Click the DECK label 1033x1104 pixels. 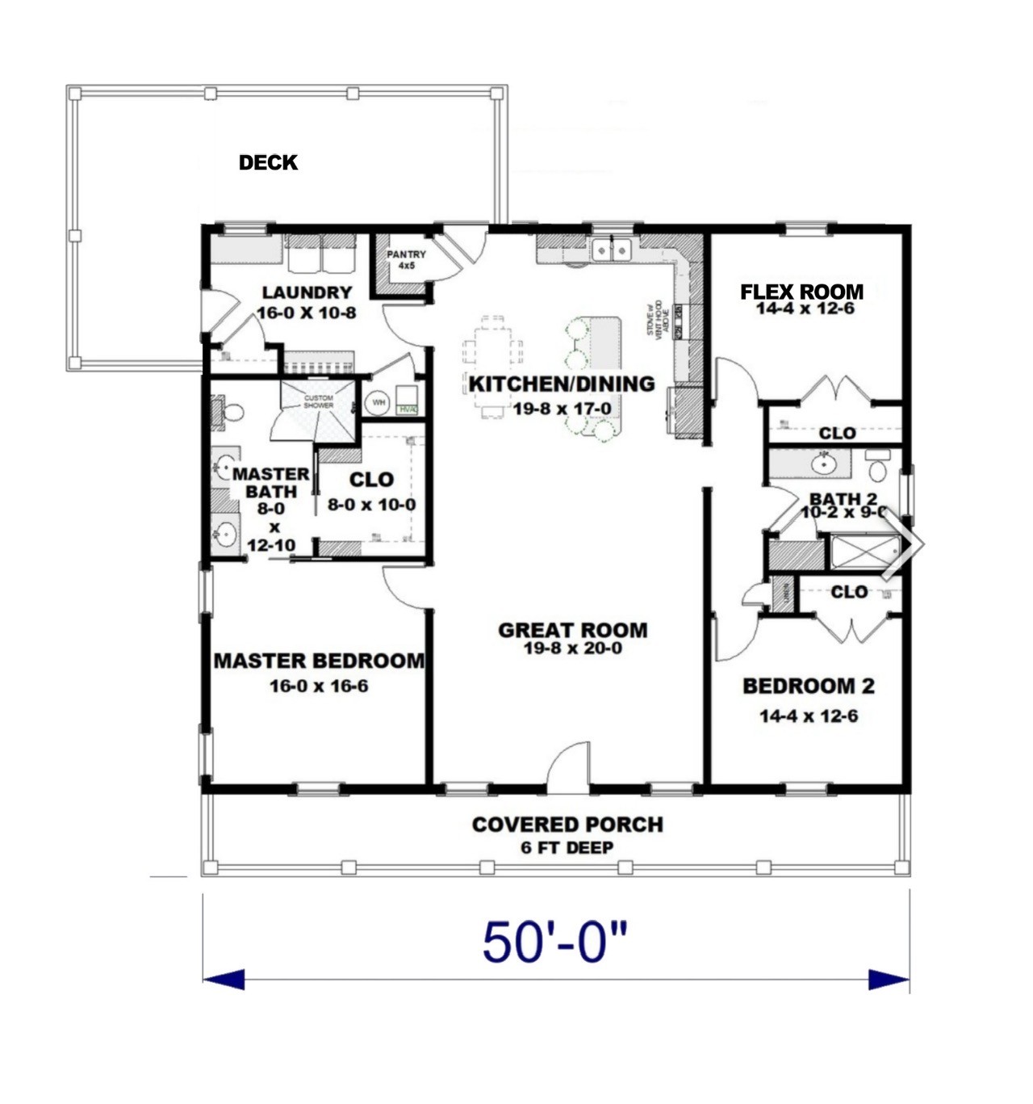coord(268,162)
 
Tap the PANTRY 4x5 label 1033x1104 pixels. coord(406,259)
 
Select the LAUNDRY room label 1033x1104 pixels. coord(307,292)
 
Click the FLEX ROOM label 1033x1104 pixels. coord(801,292)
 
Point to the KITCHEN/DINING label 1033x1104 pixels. coord(562,384)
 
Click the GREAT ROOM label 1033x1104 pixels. coord(572,630)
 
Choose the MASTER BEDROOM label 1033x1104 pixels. coord(319,661)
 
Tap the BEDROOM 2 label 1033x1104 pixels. coord(808,686)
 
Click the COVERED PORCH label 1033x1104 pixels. coord(567,825)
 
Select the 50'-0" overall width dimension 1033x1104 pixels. coord(554,942)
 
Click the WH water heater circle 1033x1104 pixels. coord(378,402)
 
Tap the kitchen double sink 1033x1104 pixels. coord(611,250)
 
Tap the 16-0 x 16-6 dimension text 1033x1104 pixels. coord(319,686)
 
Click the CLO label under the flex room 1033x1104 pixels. coord(837,434)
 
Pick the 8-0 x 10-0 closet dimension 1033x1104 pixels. coord(371,506)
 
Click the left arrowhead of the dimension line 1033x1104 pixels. coord(223,980)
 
